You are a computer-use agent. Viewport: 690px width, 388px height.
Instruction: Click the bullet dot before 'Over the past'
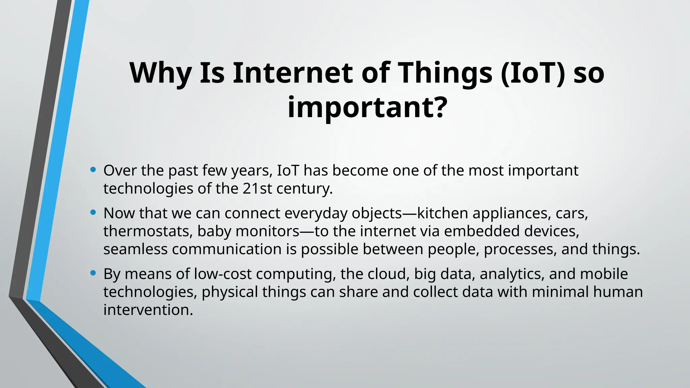coord(93,169)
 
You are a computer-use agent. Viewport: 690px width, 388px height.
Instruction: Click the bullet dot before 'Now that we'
coord(93,212)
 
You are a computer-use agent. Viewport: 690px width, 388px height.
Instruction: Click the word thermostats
coord(148,231)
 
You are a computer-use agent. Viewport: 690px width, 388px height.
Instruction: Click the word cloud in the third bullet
coord(388,274)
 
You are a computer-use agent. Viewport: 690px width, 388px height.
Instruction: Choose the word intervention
coord(148,310)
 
